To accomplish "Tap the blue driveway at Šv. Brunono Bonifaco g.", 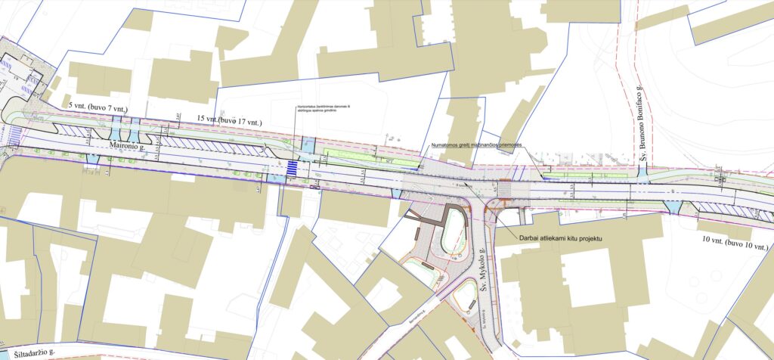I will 642,173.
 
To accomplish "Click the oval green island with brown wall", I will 454,233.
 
